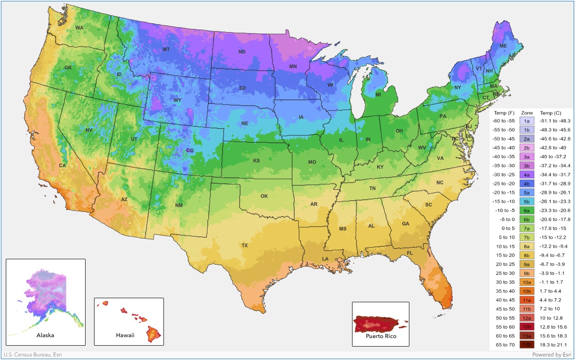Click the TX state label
[245, 245]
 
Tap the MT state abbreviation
[166, 49]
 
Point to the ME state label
[503, 46]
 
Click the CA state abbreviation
[63, 166]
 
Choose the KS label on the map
[257, 160]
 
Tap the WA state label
[79, 28]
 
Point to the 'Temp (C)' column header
[550, 113]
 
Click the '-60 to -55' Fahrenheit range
[504, 121]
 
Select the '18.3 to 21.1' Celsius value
[554, 345]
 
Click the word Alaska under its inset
[45, 335]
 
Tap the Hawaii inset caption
[125, 335]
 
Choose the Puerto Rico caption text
[381, 336]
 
